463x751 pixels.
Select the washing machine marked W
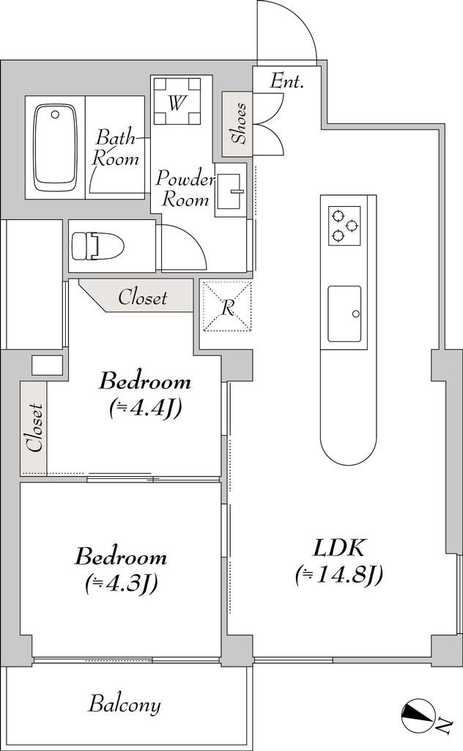[x=177, y=100]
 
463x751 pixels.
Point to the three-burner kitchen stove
[x=344, y=225]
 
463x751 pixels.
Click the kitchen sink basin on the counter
[x=344, y=314]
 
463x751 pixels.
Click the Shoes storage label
[x=239, y=123]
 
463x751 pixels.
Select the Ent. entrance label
[x=287, y=81]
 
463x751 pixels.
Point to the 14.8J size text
[x=338, y=575]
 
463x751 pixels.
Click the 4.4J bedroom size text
[x=144, y=409]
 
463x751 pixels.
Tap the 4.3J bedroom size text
[x=122, y=583]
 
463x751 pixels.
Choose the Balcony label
[x=125, y=705]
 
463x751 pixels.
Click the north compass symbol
[x=418, y=717]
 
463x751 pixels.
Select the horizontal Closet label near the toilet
[x=143, y=298]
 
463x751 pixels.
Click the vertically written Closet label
[x=35, y=428]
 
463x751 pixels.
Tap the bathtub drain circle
[x=56, y=114]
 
